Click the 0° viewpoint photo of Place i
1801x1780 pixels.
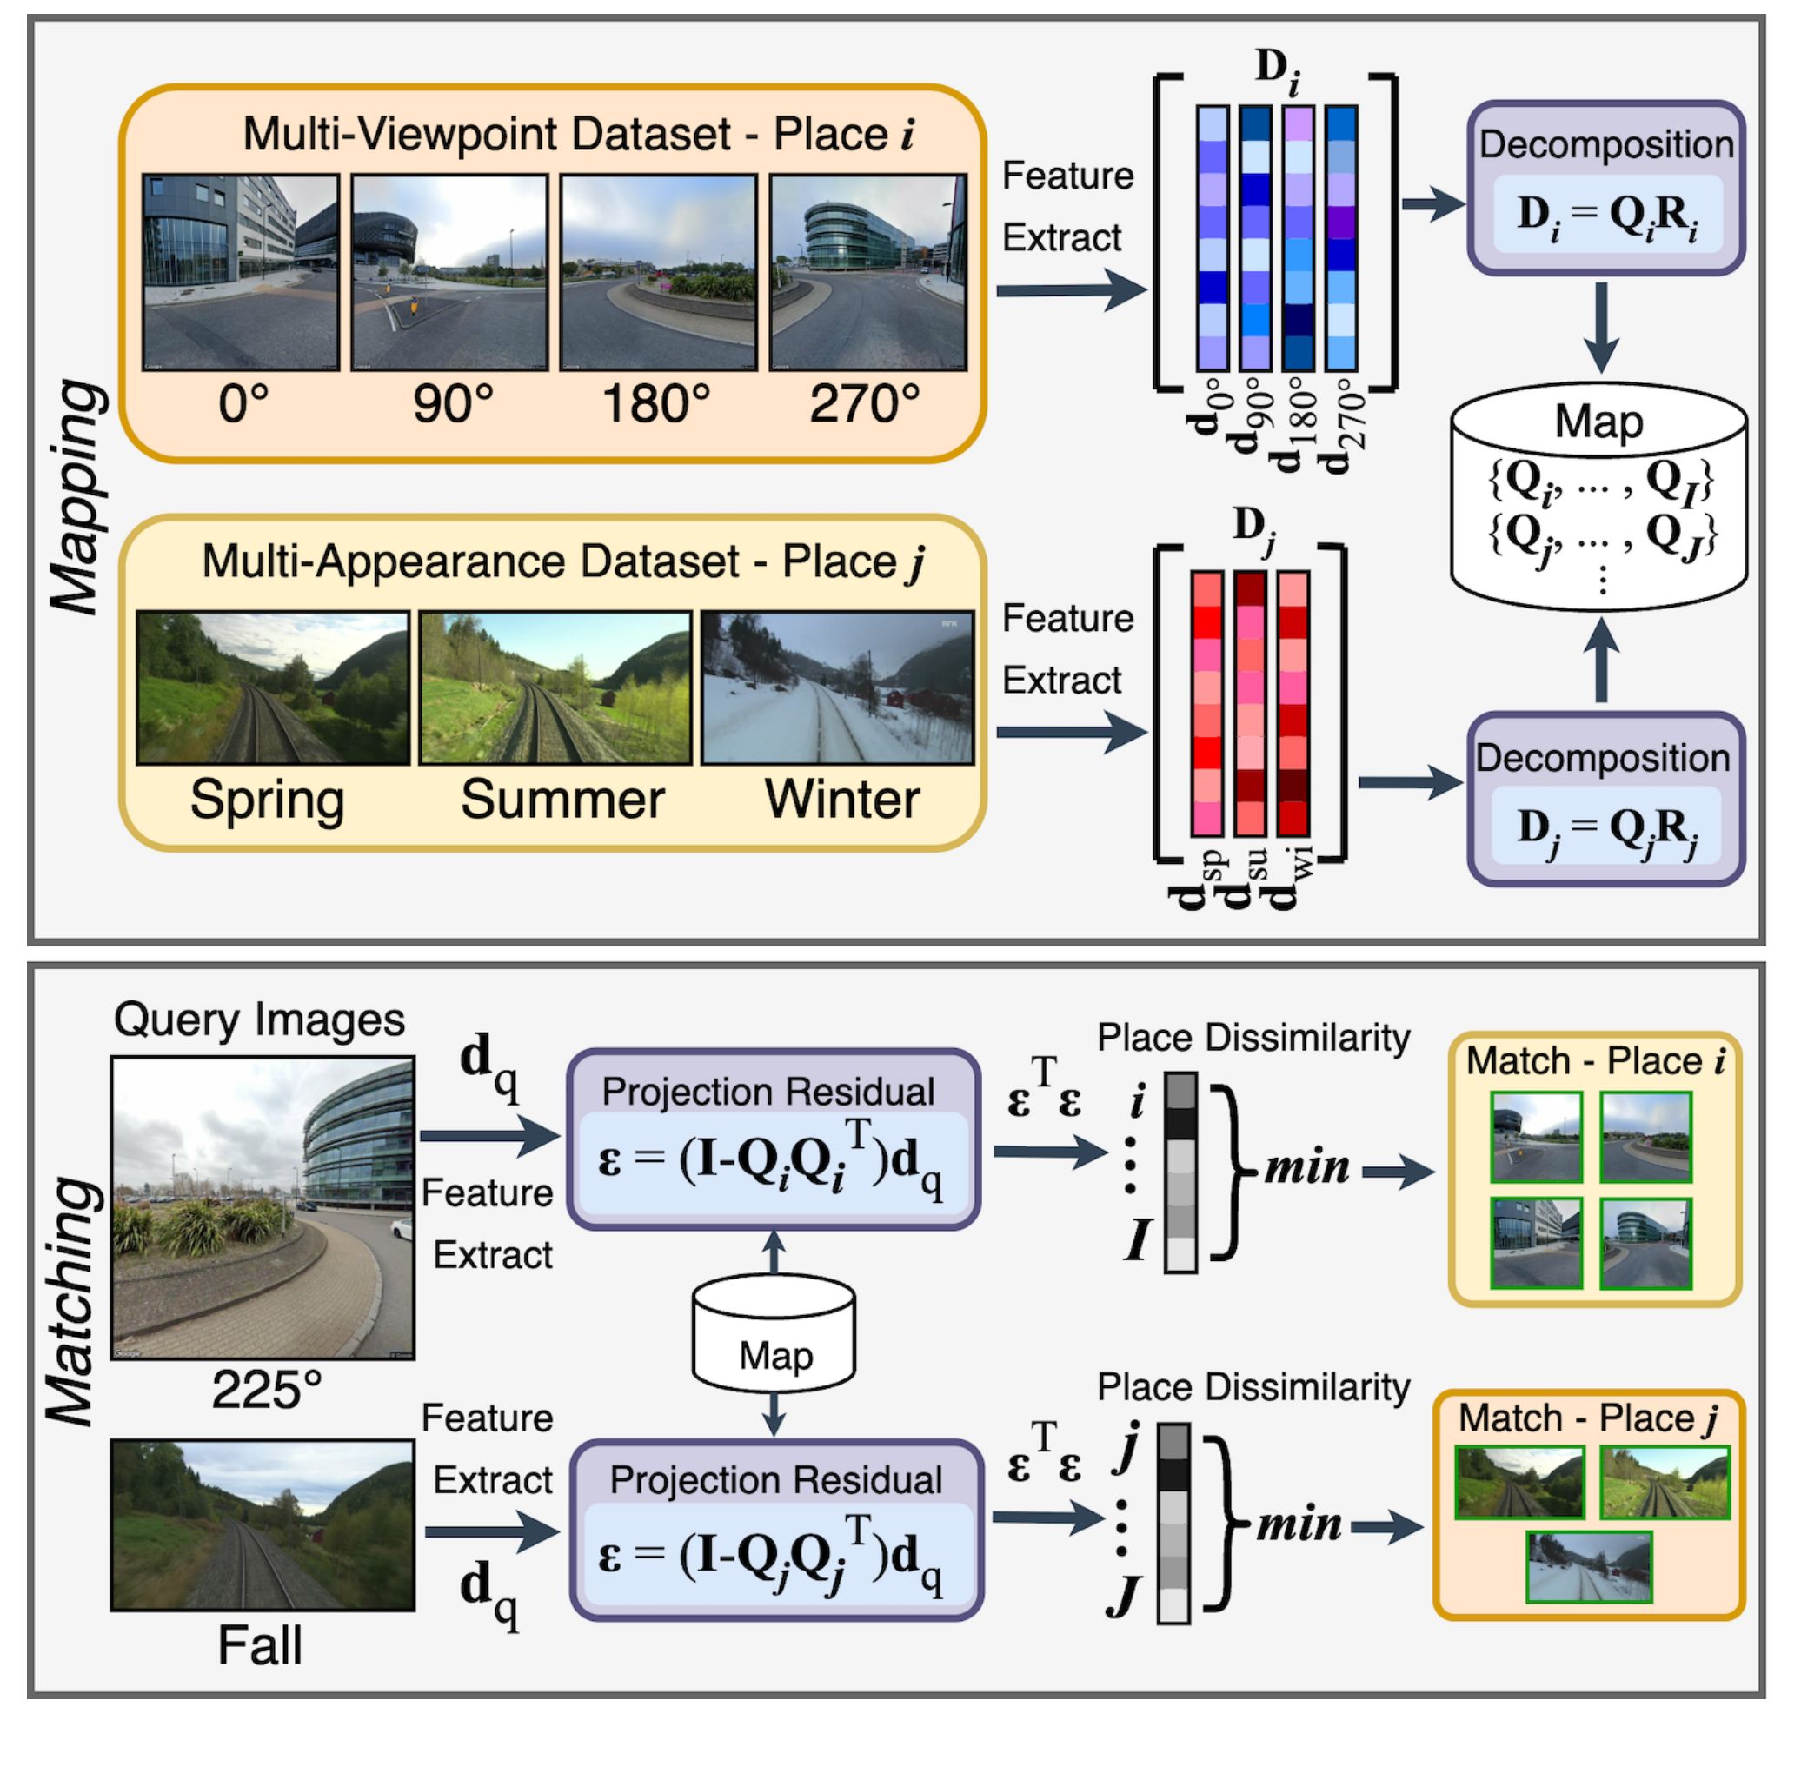241,272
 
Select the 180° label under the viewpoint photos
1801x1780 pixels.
656,404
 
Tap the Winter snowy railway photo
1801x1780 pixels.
837,687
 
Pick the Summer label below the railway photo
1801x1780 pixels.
562,800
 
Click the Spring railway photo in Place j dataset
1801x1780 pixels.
272,687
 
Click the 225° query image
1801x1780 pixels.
263,1208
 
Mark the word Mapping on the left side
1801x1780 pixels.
76,499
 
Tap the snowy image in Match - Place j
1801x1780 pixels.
1588,1568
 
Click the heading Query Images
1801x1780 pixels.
259,1020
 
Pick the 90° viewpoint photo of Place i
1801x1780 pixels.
449,272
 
